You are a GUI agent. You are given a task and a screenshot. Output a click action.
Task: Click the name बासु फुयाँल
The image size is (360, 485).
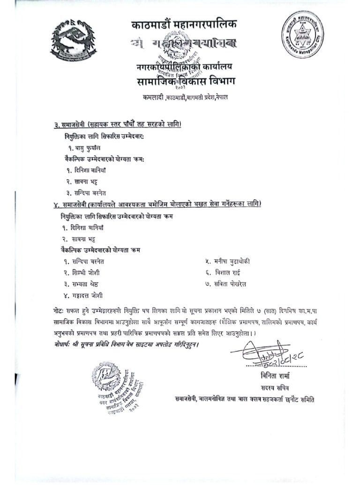coord(85,147)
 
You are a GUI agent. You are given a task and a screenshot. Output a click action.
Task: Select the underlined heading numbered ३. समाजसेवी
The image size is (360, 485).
coord(117,124)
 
